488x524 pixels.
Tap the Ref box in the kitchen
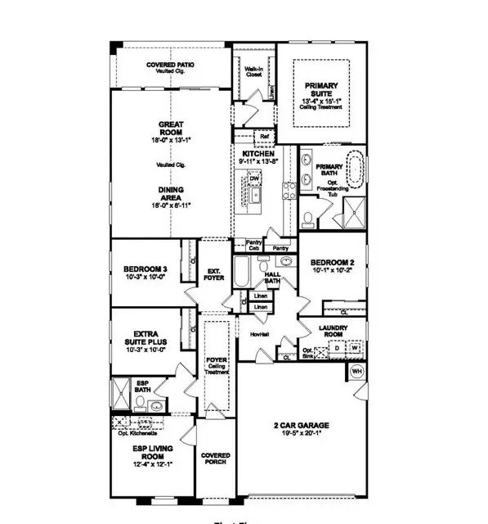[264, 136]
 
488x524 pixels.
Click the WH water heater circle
[356, 371]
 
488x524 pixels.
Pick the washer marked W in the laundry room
[356, 347]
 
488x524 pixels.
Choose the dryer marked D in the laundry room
[338, 347]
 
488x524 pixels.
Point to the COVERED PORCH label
[215, 459]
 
